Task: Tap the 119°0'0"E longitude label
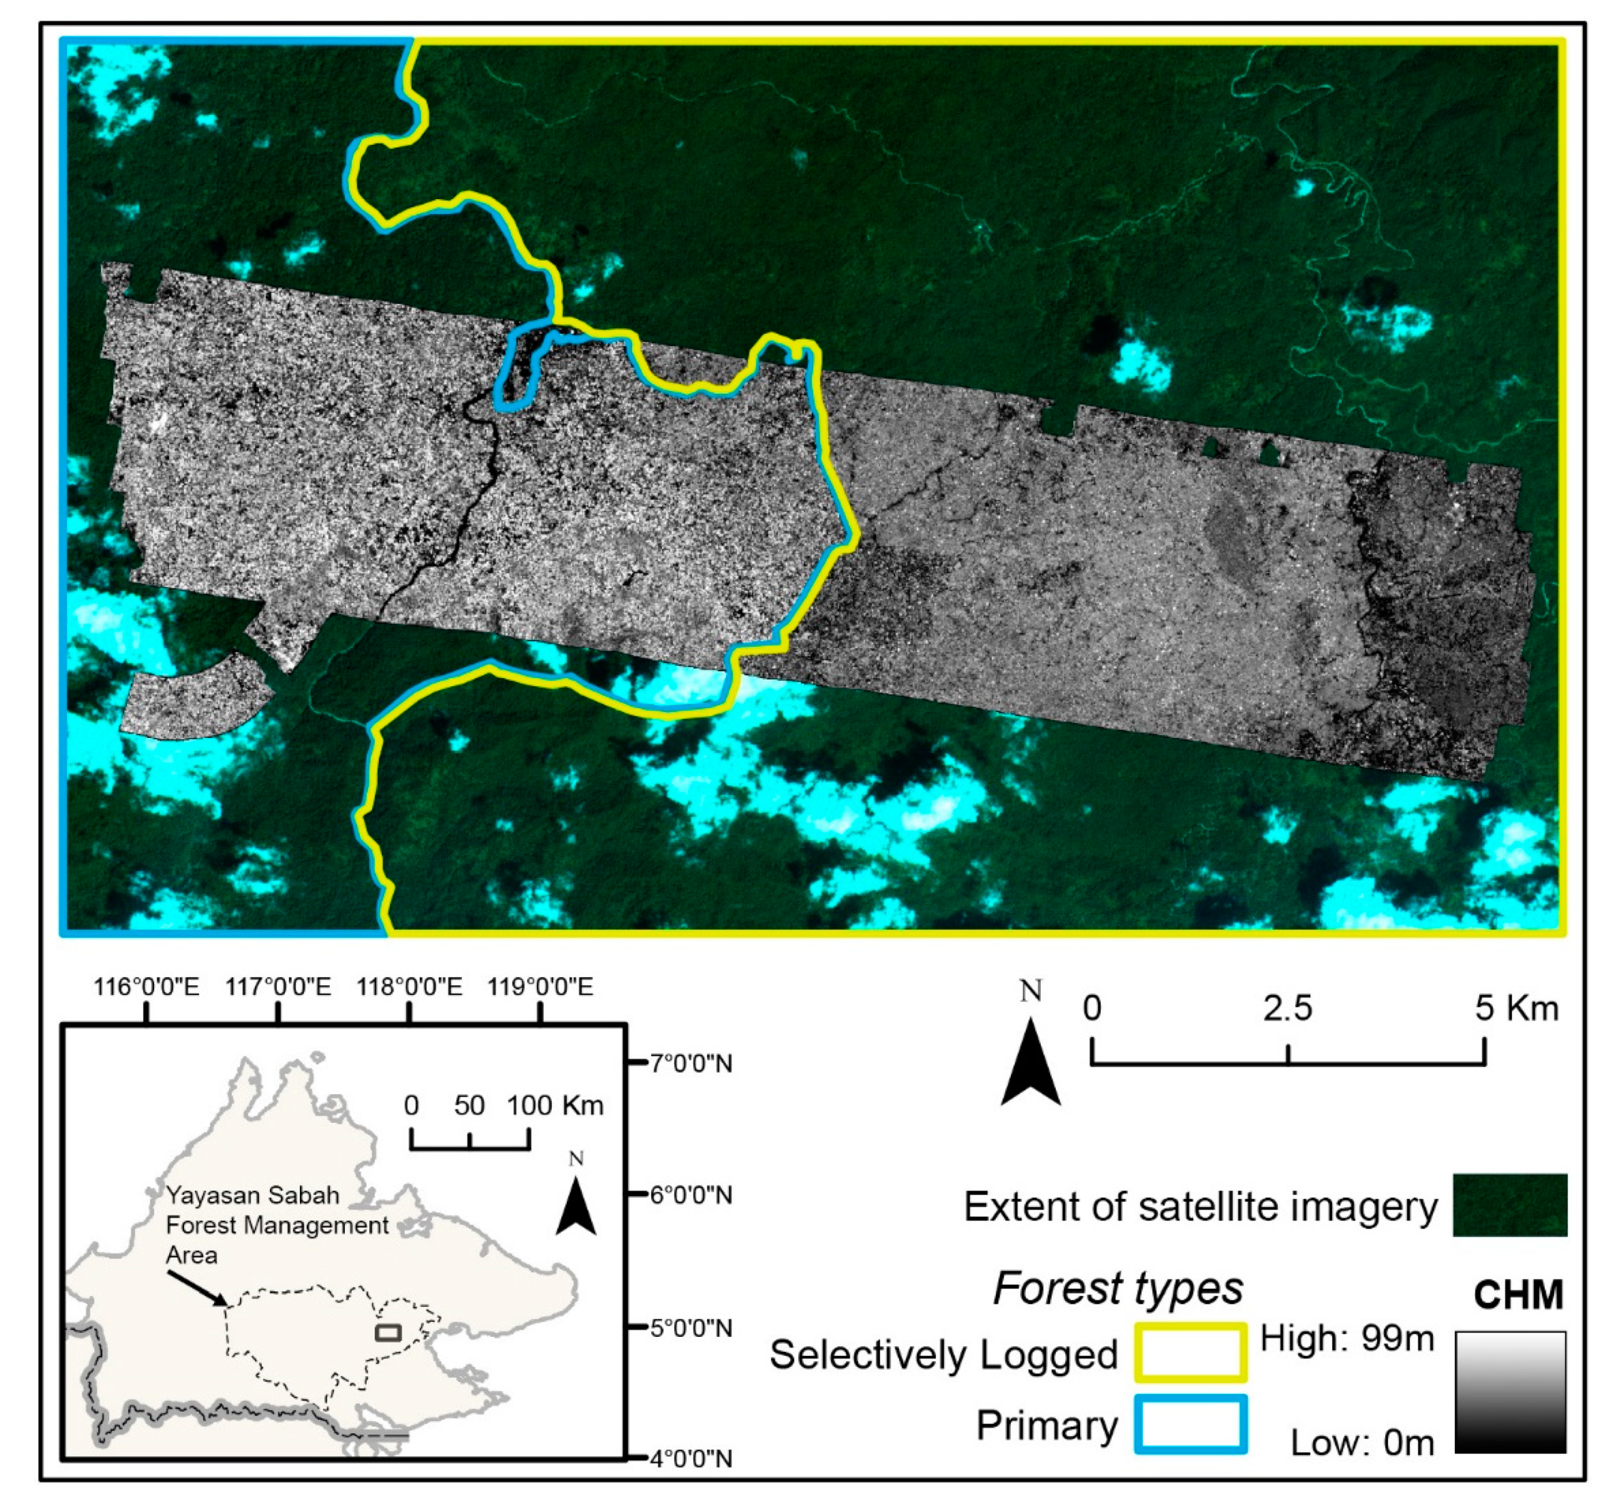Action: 540,987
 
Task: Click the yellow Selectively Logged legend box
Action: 1190,1353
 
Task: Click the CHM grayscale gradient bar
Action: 1510,1391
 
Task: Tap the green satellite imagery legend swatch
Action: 1510,1205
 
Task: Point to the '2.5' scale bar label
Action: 1288,1009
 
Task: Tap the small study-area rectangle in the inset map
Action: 388,1333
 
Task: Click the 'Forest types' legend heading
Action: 1117,1288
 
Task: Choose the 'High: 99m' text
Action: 1347,1338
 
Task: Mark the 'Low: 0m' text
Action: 1363,1444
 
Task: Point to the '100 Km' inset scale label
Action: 556,1105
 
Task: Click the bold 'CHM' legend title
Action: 1518,1295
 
